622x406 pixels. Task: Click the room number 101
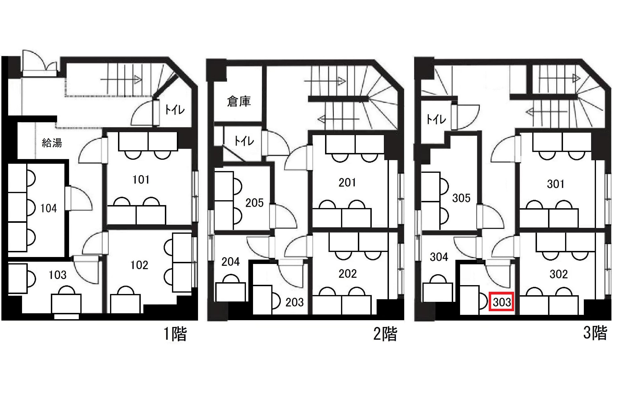point(141,180)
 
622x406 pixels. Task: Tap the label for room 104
point(49,208)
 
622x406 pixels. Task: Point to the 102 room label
point(139,265)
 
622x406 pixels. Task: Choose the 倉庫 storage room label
point(239,101)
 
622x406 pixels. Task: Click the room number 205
point(255,203)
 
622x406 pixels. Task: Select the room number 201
point(347,183)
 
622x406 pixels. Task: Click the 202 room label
point(348,274)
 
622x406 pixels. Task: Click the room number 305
point(461,198)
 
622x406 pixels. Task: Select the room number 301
point(556,184)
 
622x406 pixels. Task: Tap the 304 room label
point(439,257)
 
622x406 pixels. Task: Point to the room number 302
point(559,274)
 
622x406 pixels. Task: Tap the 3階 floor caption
point(595,333)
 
